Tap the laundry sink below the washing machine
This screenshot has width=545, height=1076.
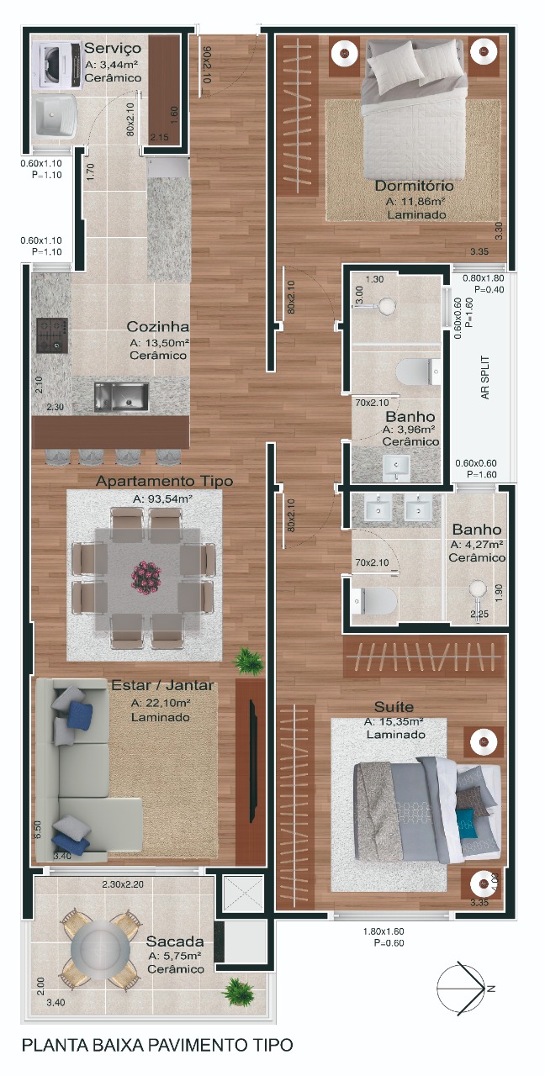(56, 116)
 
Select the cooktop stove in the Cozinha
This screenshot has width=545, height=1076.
(52, 335)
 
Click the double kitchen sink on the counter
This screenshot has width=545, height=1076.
(121, 397)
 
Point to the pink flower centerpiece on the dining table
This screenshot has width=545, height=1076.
(146, 577)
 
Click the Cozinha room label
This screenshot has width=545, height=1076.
(157, 327)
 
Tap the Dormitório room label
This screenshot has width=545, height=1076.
(415, 186)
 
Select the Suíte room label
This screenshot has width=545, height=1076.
(394, 707)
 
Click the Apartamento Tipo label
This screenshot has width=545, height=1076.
(164, 481)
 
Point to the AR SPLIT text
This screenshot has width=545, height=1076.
(485, 377)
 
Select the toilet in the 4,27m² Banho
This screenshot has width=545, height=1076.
(374, 601)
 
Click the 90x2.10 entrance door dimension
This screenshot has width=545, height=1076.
(207, 65)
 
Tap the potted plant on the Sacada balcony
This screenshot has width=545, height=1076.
(237, 993)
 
